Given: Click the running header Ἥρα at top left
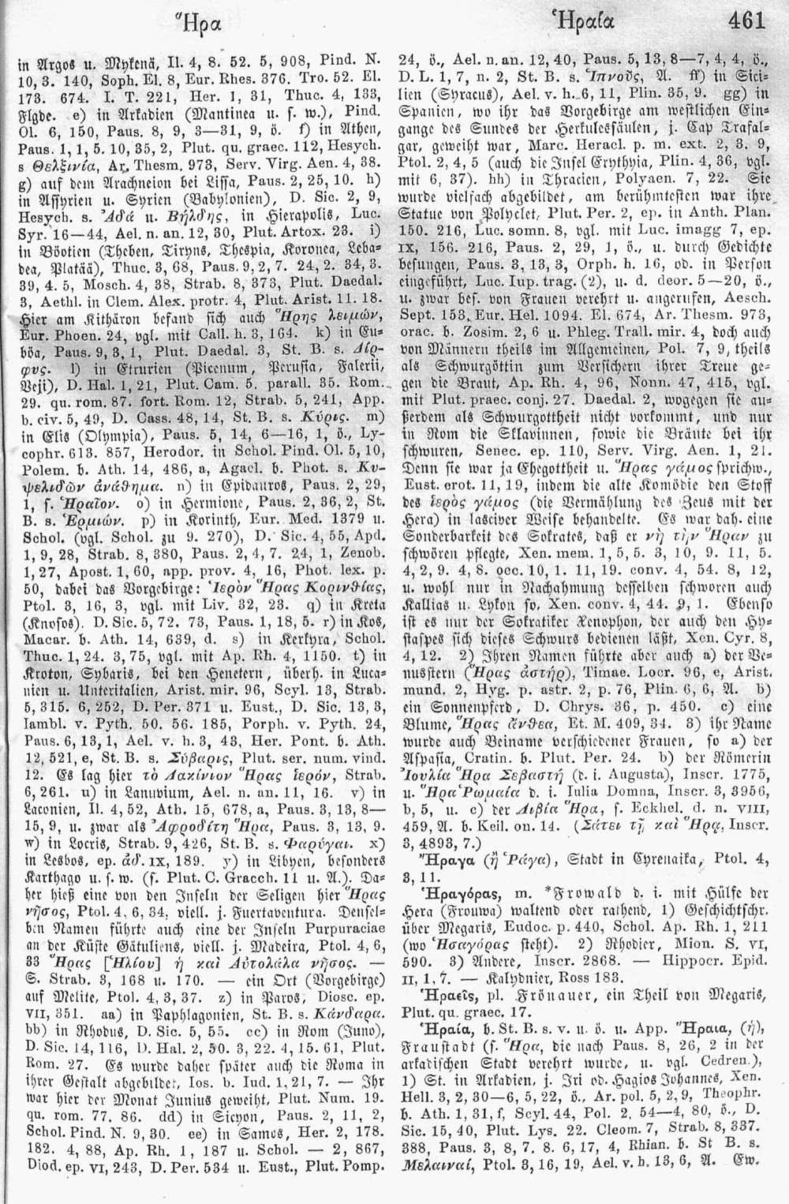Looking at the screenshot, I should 184,23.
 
